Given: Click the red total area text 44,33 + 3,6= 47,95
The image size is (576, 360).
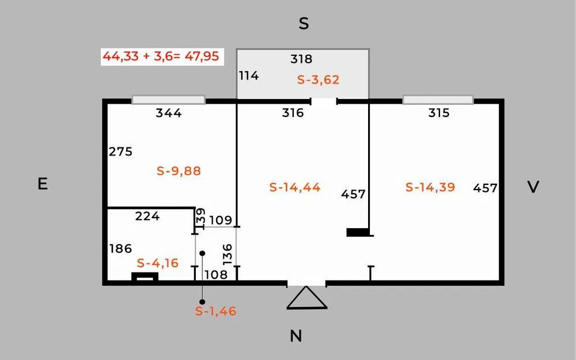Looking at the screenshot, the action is (x=161, y=56).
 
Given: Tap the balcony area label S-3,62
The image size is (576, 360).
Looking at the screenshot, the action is (x=318, y=79).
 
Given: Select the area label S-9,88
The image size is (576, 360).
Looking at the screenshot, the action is (x=179, y=171).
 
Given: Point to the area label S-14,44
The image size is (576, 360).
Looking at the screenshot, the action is (x=294, y=187).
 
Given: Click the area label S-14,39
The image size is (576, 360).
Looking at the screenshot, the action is (x=430, y=187).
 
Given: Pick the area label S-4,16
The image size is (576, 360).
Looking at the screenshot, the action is (x=158, y=263).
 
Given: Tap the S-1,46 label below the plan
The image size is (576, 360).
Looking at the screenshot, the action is (x=215, y=311).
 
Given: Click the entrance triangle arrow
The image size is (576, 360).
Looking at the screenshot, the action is (x=307, y=298).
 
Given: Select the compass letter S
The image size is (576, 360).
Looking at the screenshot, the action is (x=304, y=24).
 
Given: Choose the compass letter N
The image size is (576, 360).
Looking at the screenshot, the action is (x=296, y=336).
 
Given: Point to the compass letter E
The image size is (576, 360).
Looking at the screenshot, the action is (x=43, y=184).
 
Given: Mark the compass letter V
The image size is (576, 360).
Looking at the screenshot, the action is (x=533, y=187).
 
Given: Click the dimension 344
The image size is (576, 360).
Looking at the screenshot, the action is (x=169, y=113).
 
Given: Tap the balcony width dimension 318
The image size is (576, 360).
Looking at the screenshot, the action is (x=301, y=59).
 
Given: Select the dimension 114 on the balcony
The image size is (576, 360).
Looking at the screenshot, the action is (x=249, y=75).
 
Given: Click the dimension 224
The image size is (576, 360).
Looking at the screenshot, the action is (x=147, y=216).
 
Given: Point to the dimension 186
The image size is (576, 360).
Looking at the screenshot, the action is (x=120, y=249).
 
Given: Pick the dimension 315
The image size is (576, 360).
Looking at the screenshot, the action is (x=438, y=113).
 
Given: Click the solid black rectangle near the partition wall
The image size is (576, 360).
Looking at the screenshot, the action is (x=358, y=232).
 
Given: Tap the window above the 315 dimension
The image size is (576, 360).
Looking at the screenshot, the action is (x=438, y=100).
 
